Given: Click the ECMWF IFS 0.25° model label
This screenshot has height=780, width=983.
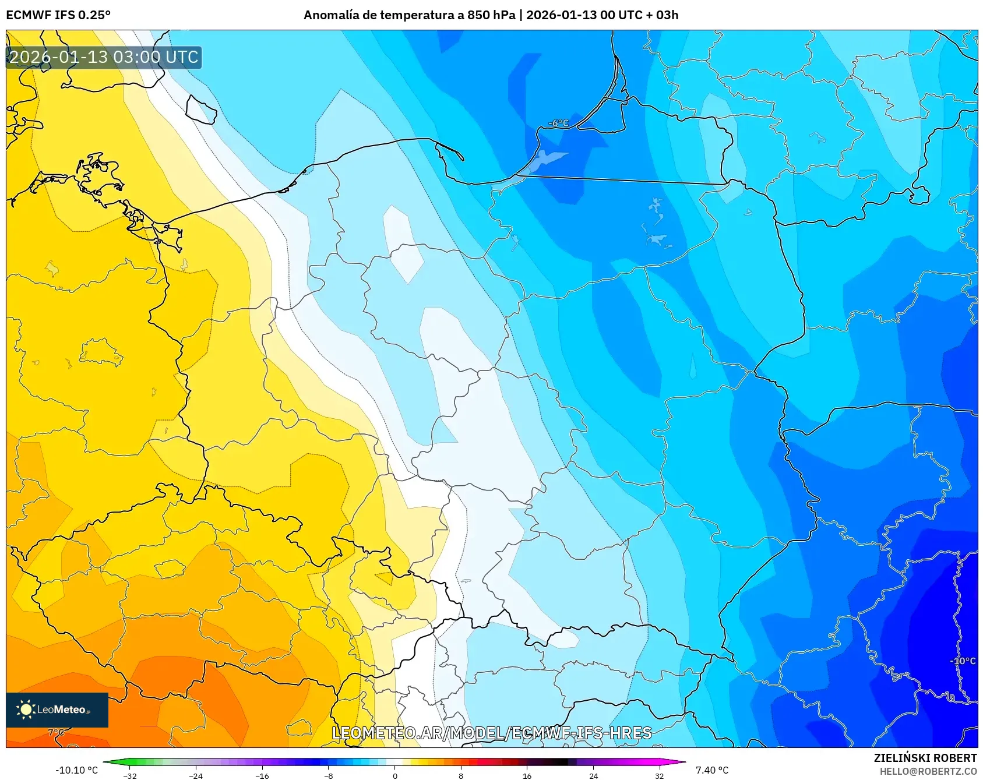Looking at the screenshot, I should tap(58, 15).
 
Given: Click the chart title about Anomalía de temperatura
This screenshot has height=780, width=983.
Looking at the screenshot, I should tap(491, 15).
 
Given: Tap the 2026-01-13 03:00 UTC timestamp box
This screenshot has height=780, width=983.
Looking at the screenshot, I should tap(104, 57).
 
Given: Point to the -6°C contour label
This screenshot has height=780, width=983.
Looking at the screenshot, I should tap(558, 123).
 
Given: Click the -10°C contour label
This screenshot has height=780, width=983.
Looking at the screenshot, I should tap(962, 661).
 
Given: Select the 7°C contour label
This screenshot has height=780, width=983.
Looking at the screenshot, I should tap(56, 732).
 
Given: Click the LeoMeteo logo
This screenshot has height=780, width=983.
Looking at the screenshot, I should tap(57, 710).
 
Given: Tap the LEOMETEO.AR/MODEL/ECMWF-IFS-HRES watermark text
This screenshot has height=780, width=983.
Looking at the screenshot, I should tap(491, 733).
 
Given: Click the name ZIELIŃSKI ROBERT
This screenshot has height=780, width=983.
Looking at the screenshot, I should tap(925, 758).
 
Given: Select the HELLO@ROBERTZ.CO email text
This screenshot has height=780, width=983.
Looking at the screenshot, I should tap(928, 771).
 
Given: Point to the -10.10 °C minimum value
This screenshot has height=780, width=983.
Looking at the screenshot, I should tap(76, 770).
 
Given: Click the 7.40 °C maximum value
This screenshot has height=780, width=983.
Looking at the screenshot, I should tap(712, 770).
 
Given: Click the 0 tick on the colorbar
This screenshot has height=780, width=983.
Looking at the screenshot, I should tap(394, 775).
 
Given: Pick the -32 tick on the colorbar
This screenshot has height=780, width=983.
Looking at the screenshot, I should tap(130, 775).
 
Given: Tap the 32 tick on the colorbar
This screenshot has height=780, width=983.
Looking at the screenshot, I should tap(659, 775).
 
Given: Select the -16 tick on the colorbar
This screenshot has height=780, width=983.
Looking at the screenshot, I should tap(262, 775).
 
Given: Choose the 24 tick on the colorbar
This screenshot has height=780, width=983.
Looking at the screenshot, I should tap(593, 775).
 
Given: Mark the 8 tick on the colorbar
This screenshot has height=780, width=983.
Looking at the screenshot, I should tap(461, 775).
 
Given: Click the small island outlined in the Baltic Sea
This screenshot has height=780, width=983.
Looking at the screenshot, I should tap(201, 110).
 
